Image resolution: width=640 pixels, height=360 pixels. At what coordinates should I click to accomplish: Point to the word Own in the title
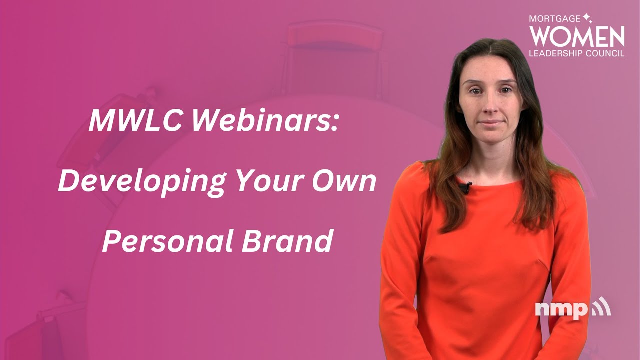[348, 182]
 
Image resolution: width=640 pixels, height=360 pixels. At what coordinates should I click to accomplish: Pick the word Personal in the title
[167, 241]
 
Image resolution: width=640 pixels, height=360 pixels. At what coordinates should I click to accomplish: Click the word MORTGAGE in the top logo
[555, 18]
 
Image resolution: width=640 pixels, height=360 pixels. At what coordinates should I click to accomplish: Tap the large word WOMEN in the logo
[577, 36]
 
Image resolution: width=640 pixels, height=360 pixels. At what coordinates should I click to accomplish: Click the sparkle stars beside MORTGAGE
[587, 18]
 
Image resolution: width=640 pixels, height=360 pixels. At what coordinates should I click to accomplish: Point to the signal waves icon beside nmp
[601, 307]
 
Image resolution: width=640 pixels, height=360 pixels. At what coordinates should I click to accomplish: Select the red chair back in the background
[334, 37]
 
